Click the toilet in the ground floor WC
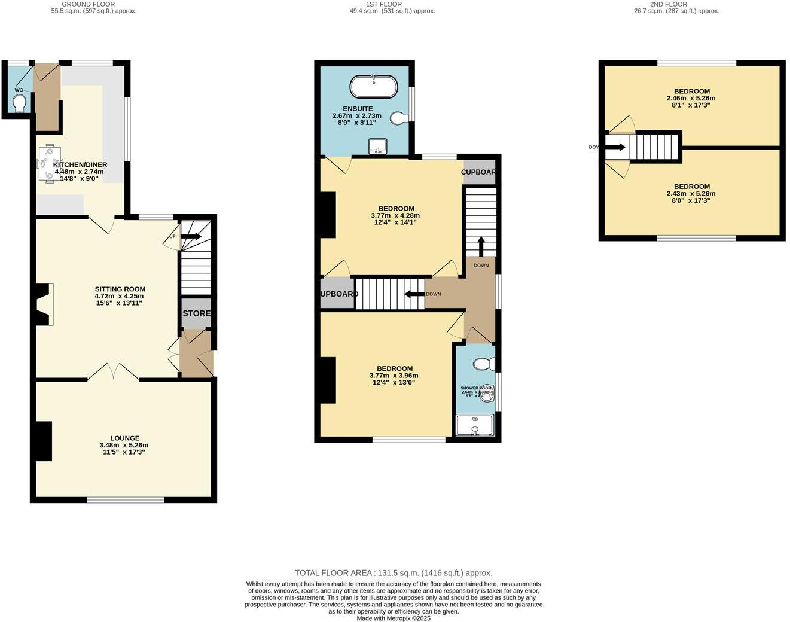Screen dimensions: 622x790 [20, 103]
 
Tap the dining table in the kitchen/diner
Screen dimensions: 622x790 [48, 162]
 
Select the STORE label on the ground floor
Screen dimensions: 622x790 [197, 313]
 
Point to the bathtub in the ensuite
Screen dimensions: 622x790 [373, 87]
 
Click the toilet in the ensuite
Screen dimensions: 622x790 [399, 118]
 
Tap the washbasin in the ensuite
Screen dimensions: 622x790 [378, 146]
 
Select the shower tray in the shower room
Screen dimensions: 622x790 [475, 425]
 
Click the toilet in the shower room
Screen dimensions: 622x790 [483, 364]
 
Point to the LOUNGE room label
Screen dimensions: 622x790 [124, 438]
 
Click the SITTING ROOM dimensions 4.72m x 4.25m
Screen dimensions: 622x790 [120, 296]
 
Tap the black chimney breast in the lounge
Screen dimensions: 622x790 [42, 441]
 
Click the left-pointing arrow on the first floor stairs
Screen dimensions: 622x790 [414, 294]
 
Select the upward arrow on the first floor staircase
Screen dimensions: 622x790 [481, 246]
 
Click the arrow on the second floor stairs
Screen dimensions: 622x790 [617, 147]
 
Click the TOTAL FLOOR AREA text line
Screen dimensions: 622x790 [394, 573]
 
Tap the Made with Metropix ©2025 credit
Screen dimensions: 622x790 [394, 618]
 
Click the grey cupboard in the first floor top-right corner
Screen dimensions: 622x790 [480, 172]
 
